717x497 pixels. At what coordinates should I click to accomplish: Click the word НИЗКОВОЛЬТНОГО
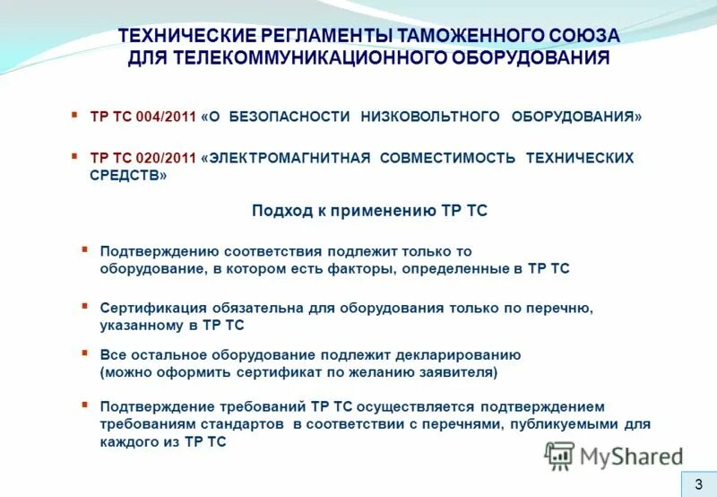(430, 118)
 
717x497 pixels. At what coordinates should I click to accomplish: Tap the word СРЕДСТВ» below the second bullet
(128, 176)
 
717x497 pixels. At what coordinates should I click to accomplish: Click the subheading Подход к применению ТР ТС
(369, 211)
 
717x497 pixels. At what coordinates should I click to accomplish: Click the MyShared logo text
(632, 458)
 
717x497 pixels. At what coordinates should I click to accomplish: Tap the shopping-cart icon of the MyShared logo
(559, 457)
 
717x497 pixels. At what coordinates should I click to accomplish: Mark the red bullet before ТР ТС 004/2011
(75, 116)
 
